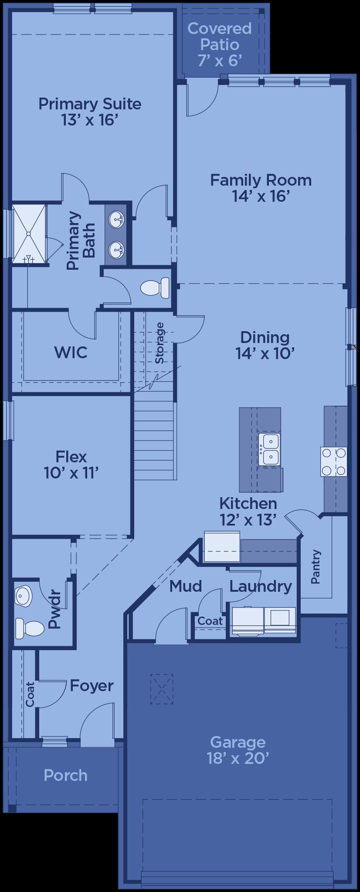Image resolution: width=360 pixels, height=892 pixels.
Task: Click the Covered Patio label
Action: (220, 36)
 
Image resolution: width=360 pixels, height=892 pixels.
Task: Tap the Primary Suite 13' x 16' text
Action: (90, 112)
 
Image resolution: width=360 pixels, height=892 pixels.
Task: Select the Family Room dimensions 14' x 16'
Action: (261, 196)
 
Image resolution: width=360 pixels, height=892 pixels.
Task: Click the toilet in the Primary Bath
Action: (155, 288)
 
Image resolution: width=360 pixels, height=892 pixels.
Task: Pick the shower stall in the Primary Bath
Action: (29, 234)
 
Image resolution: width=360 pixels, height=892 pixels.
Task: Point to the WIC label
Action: (71, 352)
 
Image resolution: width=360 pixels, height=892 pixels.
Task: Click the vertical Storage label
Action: (160, 343)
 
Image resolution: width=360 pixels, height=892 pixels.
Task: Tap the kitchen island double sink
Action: (269, 449)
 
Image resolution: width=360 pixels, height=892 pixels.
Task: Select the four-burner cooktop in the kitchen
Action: (334, 461)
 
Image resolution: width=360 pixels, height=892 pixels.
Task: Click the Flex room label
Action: (71, 457)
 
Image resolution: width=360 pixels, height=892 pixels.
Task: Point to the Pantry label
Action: (316, 566)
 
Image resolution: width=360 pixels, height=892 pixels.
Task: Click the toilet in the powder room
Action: (30, 628)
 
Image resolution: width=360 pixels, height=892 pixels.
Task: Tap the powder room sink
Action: (23, 596)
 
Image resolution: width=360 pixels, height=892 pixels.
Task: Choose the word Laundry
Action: (261, 587)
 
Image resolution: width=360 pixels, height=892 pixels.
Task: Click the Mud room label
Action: (186, 586)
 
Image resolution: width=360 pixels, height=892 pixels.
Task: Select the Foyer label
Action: (92, 685)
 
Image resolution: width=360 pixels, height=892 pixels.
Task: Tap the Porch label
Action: (66, 775)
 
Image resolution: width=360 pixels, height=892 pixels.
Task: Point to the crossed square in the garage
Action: (162, 689)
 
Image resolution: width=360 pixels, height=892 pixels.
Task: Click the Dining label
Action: (265, 337)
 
